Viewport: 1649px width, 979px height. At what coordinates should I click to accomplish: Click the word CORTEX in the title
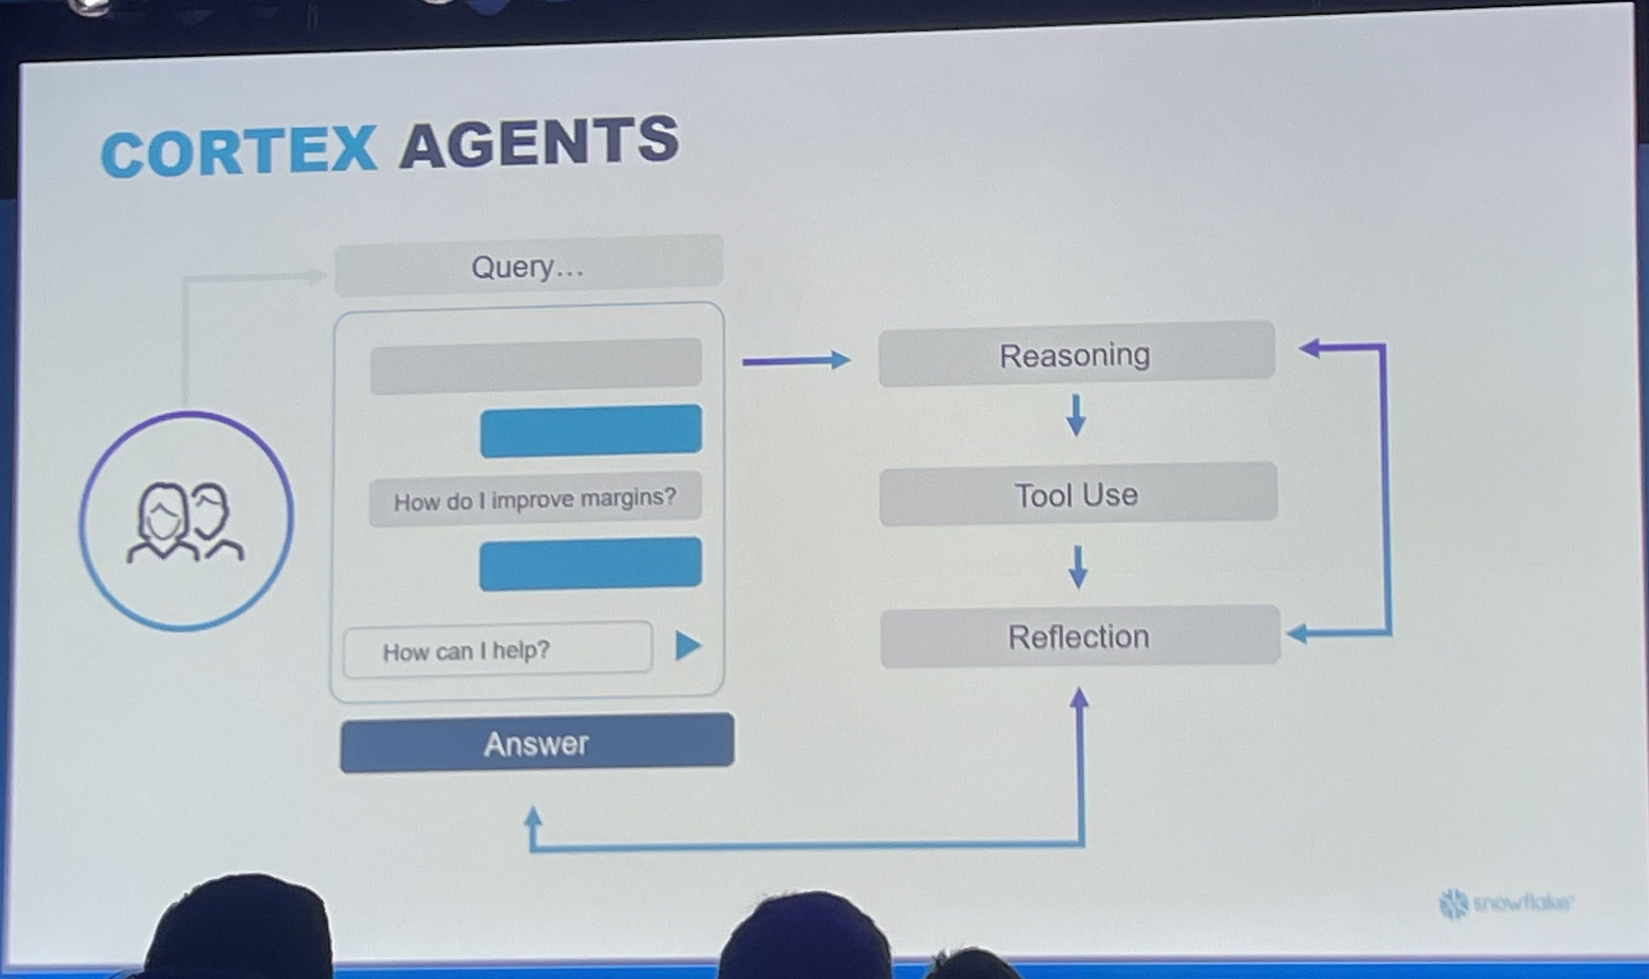coord(238,152)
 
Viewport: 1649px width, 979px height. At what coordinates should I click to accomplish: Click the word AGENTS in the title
coord(539,142)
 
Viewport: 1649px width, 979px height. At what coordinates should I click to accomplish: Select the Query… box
coord(528,266)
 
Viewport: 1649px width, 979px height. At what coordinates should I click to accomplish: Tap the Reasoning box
coord(1076,354)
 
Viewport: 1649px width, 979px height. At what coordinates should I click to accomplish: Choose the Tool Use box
coord(1077,494)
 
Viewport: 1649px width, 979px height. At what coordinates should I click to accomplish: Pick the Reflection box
coord(1079,637)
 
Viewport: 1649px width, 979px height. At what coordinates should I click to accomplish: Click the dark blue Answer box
coord(536,743)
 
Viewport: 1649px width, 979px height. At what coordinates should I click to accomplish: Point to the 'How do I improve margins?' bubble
coord(535,499)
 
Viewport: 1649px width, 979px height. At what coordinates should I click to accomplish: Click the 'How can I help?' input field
coord(498,650)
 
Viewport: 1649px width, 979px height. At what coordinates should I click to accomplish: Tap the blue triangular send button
coord(687,645)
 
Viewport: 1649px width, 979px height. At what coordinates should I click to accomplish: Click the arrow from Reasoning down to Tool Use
coord(1076,415)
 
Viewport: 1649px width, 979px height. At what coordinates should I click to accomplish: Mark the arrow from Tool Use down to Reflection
coord(1077,566)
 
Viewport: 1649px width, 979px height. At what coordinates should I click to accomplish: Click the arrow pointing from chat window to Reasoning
coord(796,360)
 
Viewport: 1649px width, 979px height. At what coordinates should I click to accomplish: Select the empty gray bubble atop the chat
coord(535,365)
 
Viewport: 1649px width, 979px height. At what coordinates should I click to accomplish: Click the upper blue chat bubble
coord(590,430)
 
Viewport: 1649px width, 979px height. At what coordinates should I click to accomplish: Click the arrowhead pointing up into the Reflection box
coord(1079,698)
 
